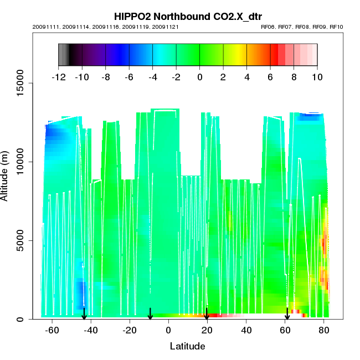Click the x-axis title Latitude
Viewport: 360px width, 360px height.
187,346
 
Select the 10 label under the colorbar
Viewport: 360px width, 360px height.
317,77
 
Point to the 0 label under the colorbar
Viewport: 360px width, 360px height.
199,77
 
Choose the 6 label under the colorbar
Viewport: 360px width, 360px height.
270,77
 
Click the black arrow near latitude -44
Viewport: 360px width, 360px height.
84,313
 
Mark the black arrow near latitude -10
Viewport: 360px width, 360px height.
150,314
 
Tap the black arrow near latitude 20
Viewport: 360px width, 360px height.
207,314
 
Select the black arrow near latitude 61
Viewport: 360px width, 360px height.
287,314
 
